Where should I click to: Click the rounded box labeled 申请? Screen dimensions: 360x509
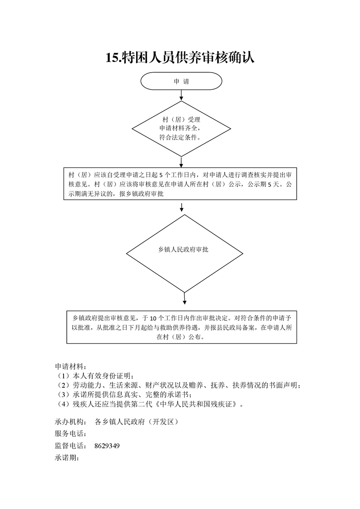point(181,81)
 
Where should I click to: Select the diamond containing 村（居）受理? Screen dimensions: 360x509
point(181,129)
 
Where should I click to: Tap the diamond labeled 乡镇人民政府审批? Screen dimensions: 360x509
point(185,254)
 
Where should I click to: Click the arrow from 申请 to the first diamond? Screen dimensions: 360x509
point(181,95)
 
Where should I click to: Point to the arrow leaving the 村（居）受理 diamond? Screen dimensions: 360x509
point(181,162)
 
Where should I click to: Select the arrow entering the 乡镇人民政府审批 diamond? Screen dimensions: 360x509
point(182,207)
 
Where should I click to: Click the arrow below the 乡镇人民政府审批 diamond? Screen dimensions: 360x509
point(185,299)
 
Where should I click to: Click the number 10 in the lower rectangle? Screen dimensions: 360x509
point(153,318)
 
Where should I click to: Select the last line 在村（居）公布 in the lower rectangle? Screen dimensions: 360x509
point(181,337)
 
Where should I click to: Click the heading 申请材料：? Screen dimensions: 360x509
point(70,367)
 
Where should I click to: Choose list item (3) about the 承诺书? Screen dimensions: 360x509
point(123,395)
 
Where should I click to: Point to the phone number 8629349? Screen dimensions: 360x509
point(107,445)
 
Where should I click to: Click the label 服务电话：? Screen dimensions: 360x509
point(70,433)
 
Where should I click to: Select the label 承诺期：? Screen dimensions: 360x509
point(67,458)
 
